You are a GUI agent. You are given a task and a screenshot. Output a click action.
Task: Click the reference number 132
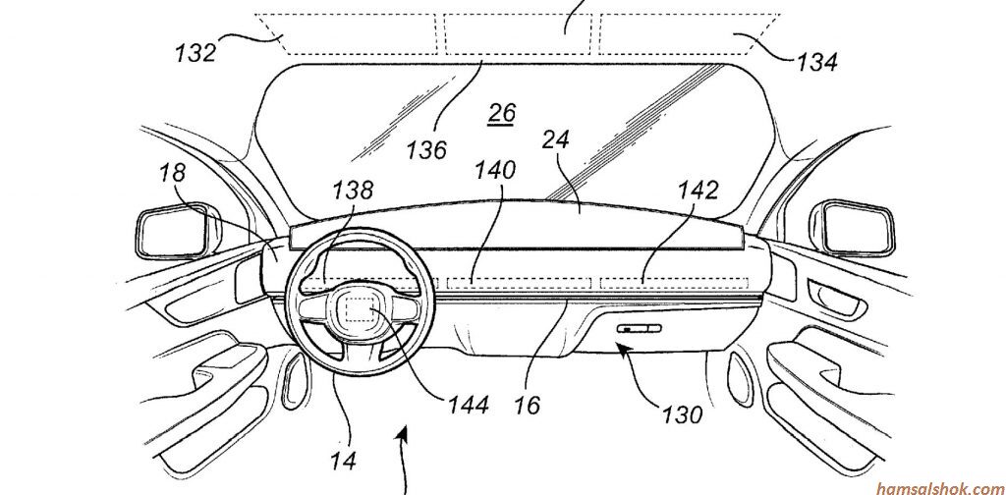pos(196,52)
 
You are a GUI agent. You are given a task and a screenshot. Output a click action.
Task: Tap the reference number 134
pos(816,63)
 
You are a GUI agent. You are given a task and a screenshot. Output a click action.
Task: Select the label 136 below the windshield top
pos(426,149)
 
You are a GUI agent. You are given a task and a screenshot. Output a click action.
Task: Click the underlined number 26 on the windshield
pos(502,113)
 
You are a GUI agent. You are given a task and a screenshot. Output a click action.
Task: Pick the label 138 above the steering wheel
pos(352,190)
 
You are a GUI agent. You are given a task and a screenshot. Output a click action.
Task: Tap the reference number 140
pos(494,170)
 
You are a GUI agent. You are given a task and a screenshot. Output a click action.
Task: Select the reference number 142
pos(698,190)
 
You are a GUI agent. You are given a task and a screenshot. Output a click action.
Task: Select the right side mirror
pos(855,228)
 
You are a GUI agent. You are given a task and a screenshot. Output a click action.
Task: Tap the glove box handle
pos(639,329)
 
